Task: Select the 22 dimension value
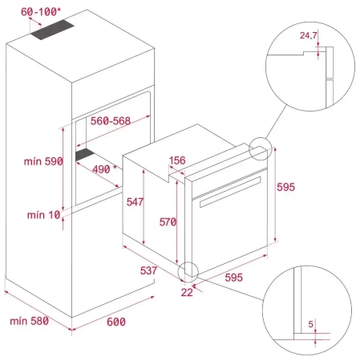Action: pos(187,291)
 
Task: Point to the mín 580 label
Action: pos(28,321)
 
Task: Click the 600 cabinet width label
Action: pos(116,322)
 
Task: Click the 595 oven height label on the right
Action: pos(285,187)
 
